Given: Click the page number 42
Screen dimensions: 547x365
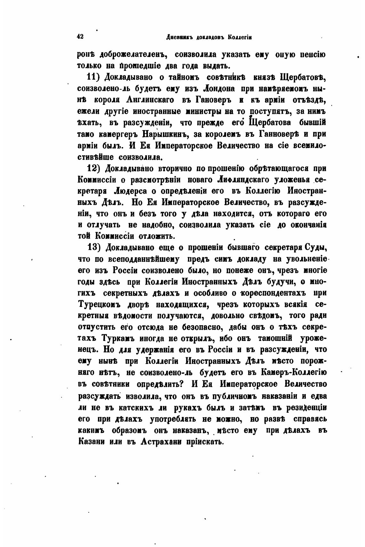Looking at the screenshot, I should click(80, 37).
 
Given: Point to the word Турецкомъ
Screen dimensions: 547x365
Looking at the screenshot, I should click(100, 304).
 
